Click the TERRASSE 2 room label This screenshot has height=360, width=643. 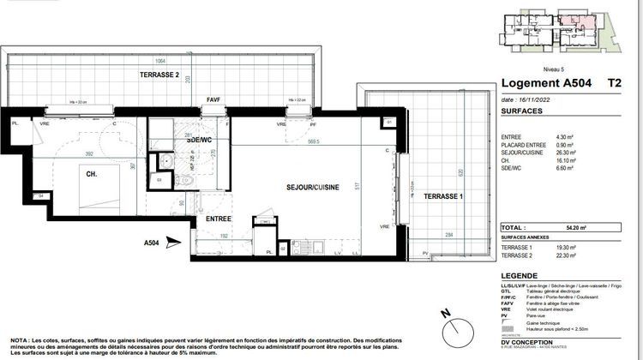tap(159, 75)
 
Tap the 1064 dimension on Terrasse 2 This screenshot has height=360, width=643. tap(161, 61)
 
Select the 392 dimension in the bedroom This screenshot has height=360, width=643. tap(87, 154)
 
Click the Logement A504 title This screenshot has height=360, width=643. tap(542, 84)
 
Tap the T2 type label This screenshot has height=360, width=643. tap(614, 84)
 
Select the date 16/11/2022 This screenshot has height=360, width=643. tap(533, 99)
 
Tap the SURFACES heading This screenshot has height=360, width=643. tap(524, 111)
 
